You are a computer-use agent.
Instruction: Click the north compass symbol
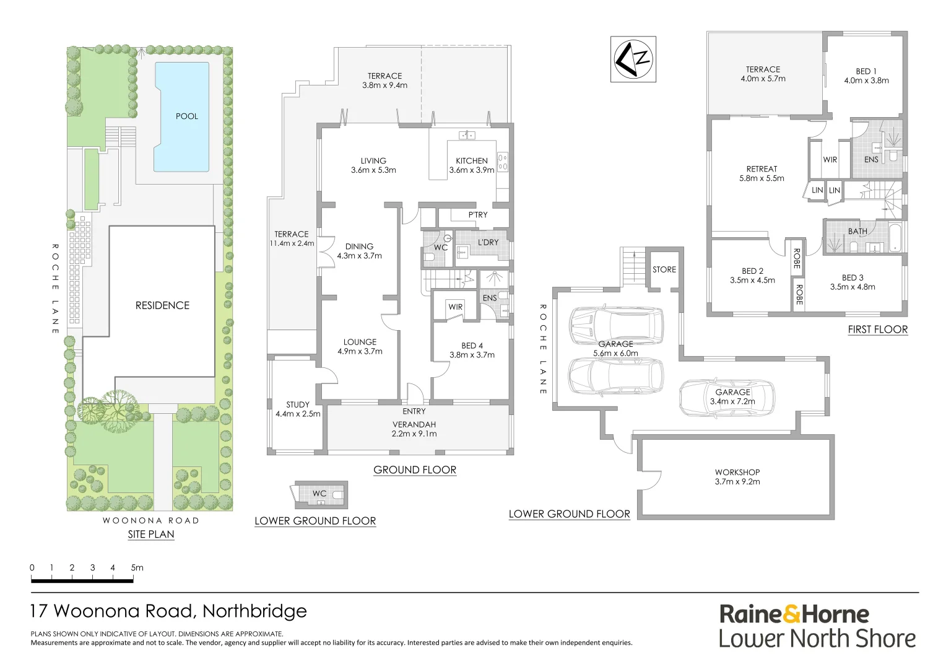[x=633, y=59]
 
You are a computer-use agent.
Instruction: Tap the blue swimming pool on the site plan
[x=182, y=118]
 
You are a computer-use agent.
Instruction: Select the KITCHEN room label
[x=472, y=161]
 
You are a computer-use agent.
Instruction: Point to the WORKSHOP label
[x=737, y=473]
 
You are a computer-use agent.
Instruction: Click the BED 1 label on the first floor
[x=866, y=72]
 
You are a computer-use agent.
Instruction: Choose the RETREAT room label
[x=762, y=169]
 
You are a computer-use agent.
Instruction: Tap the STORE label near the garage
[x=664, y=270]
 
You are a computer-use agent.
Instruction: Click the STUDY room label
[x=298, y=405]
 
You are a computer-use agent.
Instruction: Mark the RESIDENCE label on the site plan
[x=162, y=305]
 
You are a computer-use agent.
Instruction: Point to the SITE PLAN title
[x=151, y=535]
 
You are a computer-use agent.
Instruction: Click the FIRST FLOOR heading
[x=877, y=330]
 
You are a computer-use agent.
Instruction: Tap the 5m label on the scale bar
[x=137, y=567]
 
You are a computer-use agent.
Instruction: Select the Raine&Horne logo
[x=794, y=614]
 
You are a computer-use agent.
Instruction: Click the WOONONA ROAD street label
[x=151, y=521]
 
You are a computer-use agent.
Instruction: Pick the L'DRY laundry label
[x=488, y=243]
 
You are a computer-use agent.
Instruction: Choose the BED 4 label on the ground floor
[x=472, y=346]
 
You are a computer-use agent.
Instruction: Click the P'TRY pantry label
[x=478, y=215]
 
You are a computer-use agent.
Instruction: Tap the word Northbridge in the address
[x=254, y=611]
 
